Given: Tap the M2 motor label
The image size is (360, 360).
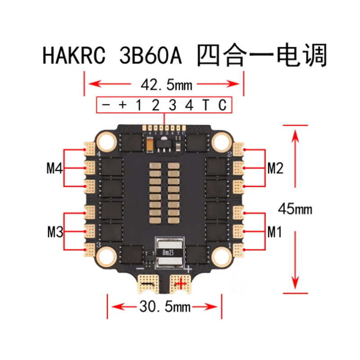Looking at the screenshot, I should (275, 169).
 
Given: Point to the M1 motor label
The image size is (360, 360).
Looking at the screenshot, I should (274, 233).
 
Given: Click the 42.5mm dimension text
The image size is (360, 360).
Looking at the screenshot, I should (163, 84).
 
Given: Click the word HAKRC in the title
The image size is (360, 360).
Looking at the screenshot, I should (75, 57).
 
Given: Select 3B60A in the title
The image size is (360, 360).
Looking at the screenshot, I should (150, 57).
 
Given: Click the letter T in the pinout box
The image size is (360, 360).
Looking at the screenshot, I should (205, 105).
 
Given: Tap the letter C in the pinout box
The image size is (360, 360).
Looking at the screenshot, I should (222, 105).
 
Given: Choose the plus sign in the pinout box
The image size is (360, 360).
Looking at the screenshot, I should (122, 105).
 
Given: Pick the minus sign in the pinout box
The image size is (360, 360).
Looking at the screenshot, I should (106, 105).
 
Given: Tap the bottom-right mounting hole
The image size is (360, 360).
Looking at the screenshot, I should (220, 256).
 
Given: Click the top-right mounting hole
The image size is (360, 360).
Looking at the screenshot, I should (220, 142).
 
